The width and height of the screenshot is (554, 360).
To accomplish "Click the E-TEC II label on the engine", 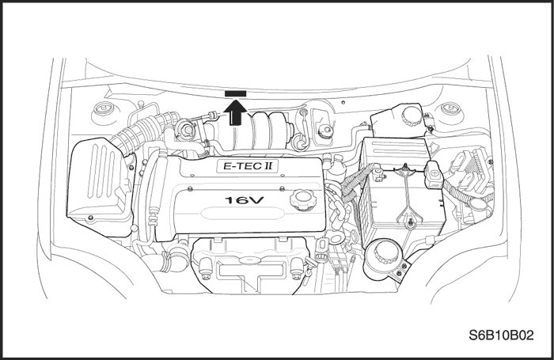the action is [248, 166].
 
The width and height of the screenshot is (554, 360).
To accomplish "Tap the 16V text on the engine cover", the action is [245, 200].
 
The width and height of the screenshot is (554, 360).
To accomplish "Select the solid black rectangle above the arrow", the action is [236, 93].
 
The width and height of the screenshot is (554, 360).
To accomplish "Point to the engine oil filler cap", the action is [302, 199].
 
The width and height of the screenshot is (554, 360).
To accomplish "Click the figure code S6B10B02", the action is [501, 335].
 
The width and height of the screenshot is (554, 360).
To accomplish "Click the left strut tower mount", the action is [104, 111].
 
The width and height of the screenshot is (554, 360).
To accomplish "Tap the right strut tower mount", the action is [450, 111].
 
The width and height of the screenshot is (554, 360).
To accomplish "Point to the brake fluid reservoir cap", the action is [324, 132].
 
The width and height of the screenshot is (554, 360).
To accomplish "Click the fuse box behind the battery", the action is [396, 153].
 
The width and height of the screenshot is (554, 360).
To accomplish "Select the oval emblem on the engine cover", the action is [242, 214].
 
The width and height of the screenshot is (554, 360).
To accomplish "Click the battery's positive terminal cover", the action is [434, 174].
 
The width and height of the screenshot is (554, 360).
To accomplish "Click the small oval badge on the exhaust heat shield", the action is [250, 260].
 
